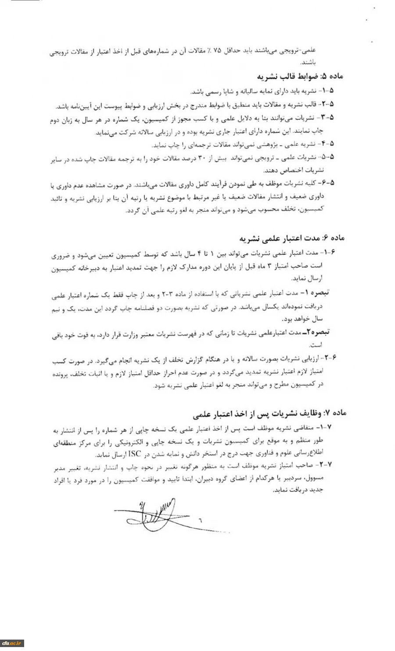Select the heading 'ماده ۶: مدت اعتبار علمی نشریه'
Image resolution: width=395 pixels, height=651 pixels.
point(293,239)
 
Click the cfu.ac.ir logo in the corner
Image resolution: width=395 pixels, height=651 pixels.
point(12,644)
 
